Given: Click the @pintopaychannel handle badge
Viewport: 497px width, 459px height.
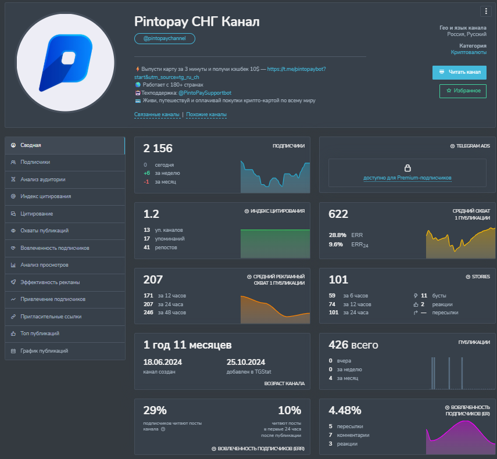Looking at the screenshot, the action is (x=165, y=38).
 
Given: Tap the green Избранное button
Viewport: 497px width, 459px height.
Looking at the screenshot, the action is (x=463, y=91).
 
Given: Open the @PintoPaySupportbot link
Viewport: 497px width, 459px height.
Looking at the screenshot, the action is (x=205, y=93).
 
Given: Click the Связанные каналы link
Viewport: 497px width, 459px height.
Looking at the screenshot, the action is (x=156, y=114).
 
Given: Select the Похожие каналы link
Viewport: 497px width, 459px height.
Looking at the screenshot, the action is (x=206, y=114).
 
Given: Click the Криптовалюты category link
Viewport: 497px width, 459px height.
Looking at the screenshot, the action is (x=469, y=52).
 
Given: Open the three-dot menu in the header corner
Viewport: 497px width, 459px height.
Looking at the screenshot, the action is (x=486, y=12).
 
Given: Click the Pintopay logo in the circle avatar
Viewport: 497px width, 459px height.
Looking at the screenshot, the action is (x=66, y=62).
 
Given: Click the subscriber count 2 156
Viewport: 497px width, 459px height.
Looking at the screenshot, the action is (x=158, y=148).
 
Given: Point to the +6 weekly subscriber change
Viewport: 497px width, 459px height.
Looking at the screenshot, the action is (x=146, y=173).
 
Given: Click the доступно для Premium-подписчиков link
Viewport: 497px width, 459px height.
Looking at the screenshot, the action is (x=407, y=178).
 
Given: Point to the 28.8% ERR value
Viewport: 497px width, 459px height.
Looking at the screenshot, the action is (x=337, y=235).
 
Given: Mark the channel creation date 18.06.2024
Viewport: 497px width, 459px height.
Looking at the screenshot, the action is (x=163, y=362).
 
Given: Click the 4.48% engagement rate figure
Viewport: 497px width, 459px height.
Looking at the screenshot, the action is (x=345, y=411).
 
